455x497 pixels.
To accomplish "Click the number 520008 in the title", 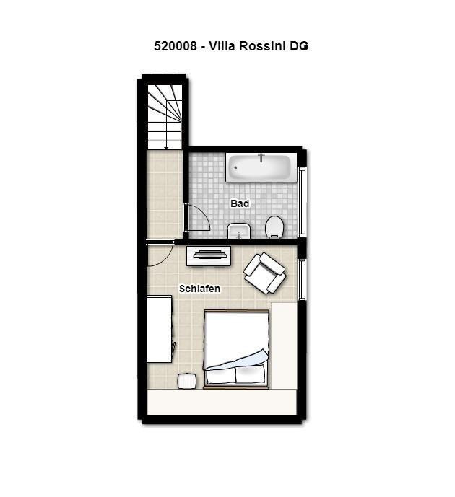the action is point(175,46).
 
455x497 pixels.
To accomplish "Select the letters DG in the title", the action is point(298,46).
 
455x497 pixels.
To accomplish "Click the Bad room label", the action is point(240,203).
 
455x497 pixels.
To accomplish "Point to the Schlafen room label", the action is point(199,289).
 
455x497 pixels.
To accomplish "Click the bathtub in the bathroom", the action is point(261,167).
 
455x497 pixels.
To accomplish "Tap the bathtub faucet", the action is point(261,157).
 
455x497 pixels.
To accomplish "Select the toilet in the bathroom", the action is point(274,226).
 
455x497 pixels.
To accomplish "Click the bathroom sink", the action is point(239,231).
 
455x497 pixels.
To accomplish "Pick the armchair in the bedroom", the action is point(264,273).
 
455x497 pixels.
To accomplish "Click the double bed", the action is point(236,349).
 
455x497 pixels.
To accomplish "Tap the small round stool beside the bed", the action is point(187,381).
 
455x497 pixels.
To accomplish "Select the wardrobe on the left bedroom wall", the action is point(160,329).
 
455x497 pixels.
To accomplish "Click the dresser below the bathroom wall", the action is point(209,255).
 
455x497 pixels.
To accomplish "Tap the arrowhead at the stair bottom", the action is point(166,148).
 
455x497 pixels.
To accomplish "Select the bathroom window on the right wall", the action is point(302,201).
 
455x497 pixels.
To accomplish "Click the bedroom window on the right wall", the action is point(302,279).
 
